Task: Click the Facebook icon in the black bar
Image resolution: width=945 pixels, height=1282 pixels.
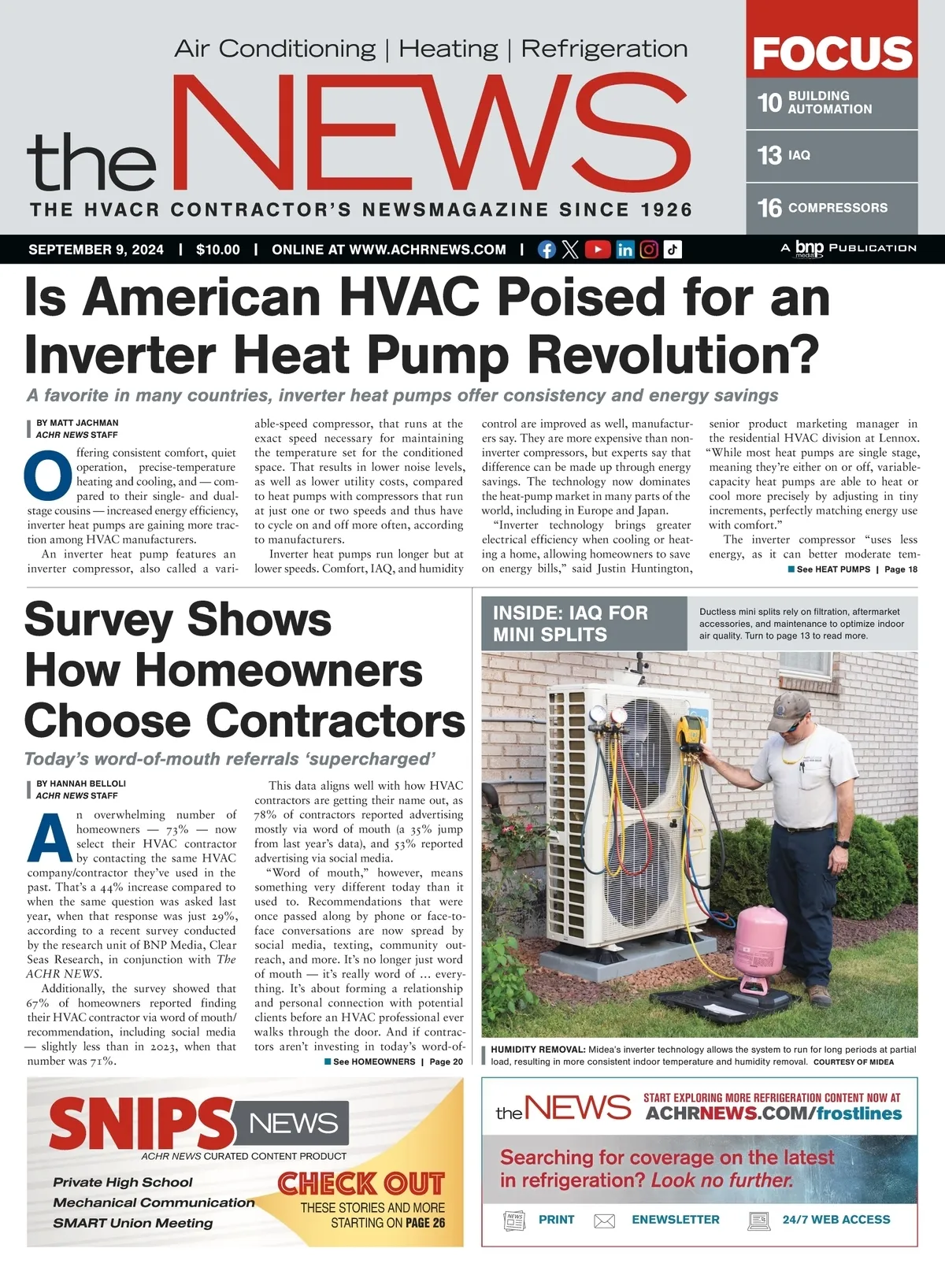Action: click(x=547, y=250)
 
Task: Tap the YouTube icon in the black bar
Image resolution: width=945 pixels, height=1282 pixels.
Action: click(x=598, y=250)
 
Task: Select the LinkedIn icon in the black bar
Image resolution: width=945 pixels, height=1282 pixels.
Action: click(x=624, y=250)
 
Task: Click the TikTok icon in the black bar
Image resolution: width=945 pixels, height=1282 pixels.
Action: click(x=673, y=250)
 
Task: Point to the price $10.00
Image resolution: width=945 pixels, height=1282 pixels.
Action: click(x=218, y=250)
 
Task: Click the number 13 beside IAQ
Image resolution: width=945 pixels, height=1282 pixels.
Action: click(x=769, y=155)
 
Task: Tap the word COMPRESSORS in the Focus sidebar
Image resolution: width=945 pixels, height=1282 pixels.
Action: click(x=838, y=208)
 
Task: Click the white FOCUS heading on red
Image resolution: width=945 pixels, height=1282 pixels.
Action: click(x=832, y=53)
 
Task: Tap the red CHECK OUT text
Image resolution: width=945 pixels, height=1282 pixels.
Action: click(x=361, y=1183)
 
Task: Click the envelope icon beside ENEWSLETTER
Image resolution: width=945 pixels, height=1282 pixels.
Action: click(x=604, y=1221)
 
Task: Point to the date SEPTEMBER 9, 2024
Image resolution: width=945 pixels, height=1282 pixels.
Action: click(x=96, y=250)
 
